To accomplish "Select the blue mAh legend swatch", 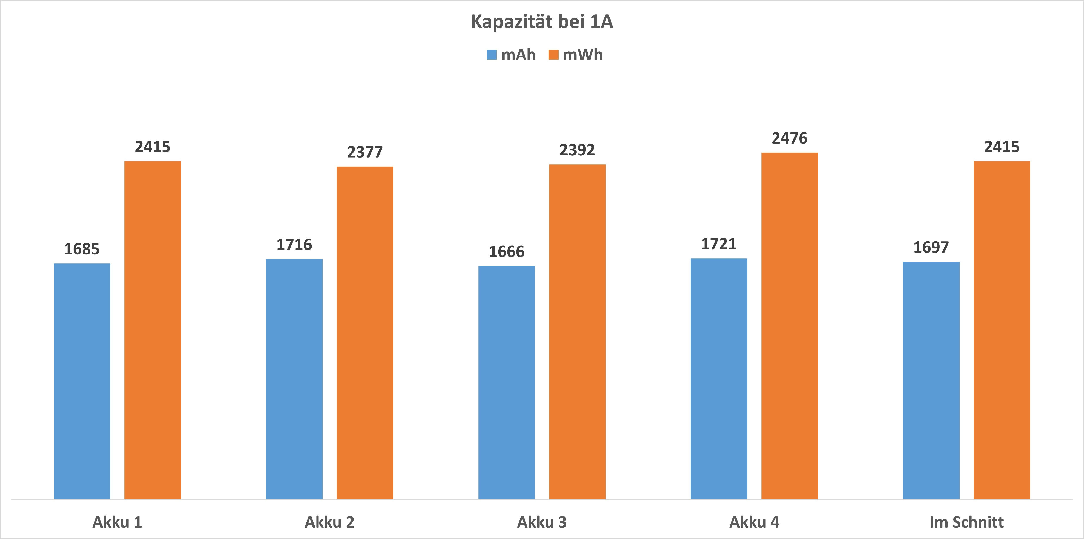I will point(491,55).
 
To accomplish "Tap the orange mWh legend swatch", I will point(553,55).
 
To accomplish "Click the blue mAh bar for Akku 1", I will point(82,381).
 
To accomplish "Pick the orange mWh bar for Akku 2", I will point(365,332).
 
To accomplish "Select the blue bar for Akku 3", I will point(507,382).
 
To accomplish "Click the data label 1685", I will point(82,249).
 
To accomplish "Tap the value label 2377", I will point(365,152).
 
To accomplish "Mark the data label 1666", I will point(507,252).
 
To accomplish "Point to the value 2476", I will point(789,138).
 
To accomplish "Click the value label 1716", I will point(294,245).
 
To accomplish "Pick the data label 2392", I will point(577,150).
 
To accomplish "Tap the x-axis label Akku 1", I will point(117,522).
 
